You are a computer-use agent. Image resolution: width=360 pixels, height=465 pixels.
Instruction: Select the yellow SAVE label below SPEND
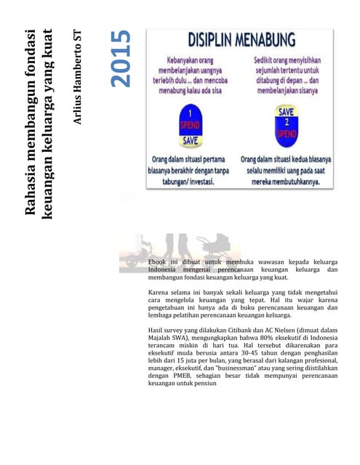pos(190,139)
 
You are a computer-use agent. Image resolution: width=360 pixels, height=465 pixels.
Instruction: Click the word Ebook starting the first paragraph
pos(158,262)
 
